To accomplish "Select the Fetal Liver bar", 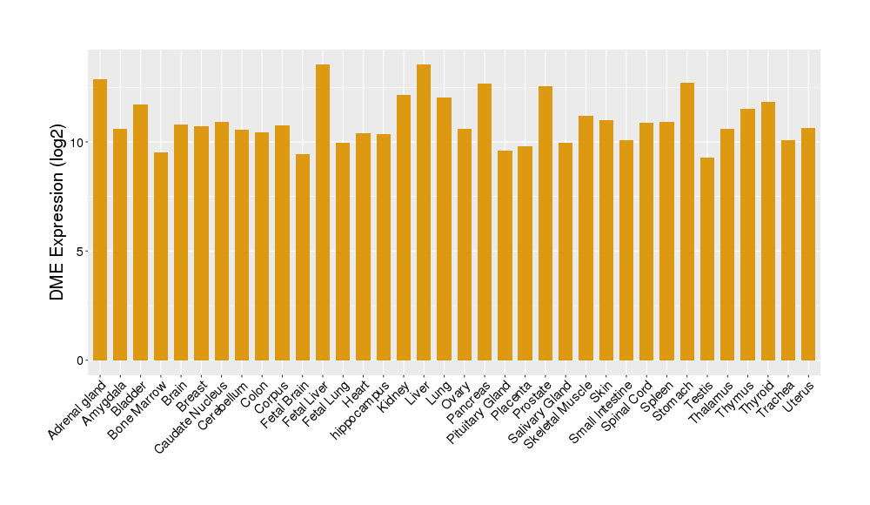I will [323, 212].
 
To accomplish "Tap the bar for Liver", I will [424, 212].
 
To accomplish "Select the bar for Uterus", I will [808, 244].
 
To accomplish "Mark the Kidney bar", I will [404, 227].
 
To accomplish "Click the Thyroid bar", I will [768, 231].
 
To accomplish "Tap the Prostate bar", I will [545, 223].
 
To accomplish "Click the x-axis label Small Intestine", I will [601, 413].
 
